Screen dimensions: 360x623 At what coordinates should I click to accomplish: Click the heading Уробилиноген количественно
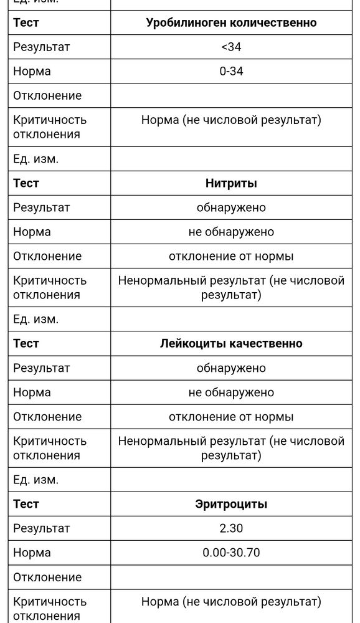pos(231,22)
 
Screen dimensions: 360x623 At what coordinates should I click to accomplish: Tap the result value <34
pos(231,47)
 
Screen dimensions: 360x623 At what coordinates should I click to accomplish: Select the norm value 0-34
pos(231,71)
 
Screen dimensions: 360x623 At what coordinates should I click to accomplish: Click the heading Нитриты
pos(231,183)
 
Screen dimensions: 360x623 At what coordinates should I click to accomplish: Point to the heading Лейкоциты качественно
pos(231,343)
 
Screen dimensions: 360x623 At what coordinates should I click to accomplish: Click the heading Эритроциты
pos(231,504)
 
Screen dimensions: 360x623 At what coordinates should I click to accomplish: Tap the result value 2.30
pos(231,528)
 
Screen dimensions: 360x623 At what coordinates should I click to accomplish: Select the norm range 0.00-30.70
pos(231,553)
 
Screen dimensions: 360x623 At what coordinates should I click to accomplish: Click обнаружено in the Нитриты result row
pos(231,207)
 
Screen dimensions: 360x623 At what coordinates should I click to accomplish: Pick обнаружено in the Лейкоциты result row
pos(231,368)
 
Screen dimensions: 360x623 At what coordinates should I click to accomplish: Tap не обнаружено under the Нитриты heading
pos(231,232)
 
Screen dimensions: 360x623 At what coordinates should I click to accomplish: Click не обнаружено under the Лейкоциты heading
pos(231,392)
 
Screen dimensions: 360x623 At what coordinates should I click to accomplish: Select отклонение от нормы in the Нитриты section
pos(231,256)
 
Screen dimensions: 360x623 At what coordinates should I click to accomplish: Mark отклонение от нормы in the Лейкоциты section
pos(231,417)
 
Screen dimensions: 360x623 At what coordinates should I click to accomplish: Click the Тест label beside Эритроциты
pos(26,504)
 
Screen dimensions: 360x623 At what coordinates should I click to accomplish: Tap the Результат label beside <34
pos(42,47)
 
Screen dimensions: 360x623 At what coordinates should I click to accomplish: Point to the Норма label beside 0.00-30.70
pos(32,553)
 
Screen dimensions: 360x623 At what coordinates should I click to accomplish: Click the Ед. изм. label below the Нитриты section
pos(36,319)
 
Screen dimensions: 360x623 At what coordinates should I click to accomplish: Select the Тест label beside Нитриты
pos(26,183)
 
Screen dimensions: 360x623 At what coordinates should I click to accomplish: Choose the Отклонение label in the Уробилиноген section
pos(47,95)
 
